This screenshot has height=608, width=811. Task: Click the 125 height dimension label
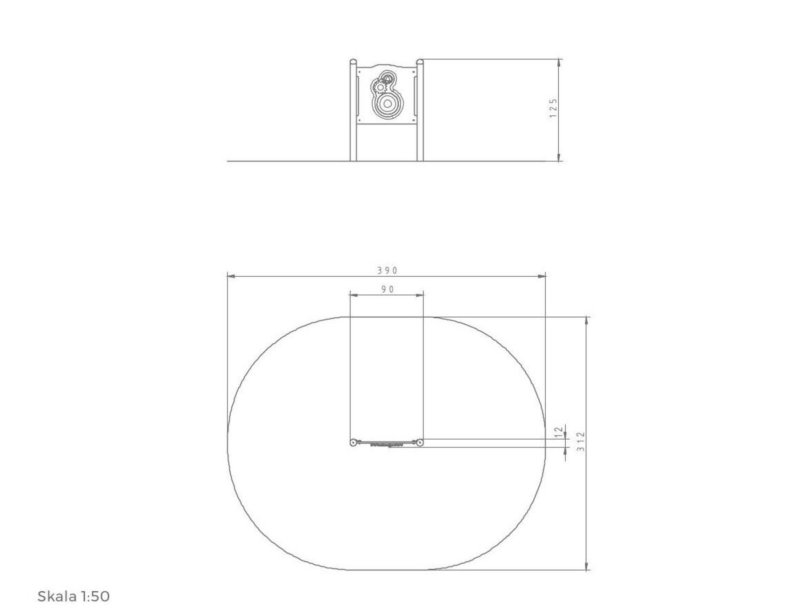[553, 108]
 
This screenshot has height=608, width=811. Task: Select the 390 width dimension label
[387, 270]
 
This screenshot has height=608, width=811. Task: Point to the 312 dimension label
[580, 442]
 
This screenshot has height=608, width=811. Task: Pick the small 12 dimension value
[559, 432]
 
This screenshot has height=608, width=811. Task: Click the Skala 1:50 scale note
[74, 596]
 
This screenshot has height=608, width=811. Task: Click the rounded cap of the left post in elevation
[353, 62]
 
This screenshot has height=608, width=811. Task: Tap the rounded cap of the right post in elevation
[420, 62]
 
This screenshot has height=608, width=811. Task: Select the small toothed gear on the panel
[380, 87]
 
